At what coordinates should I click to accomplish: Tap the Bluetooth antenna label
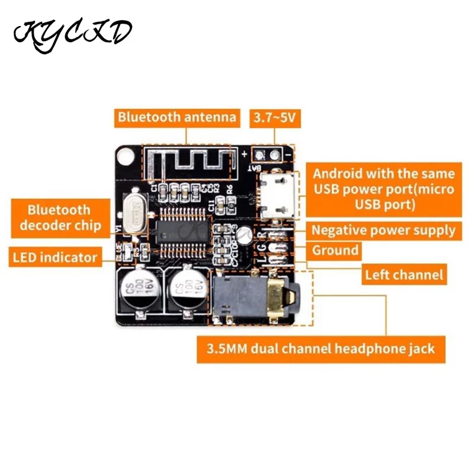(177, 116)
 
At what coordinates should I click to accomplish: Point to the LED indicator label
(53, 257)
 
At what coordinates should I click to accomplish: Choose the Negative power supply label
(383, 230)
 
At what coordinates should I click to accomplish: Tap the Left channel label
(403, 274)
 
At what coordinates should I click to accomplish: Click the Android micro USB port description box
(383, 189)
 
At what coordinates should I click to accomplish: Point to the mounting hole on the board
(125, 156)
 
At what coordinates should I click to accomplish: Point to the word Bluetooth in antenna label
(146, 116)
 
